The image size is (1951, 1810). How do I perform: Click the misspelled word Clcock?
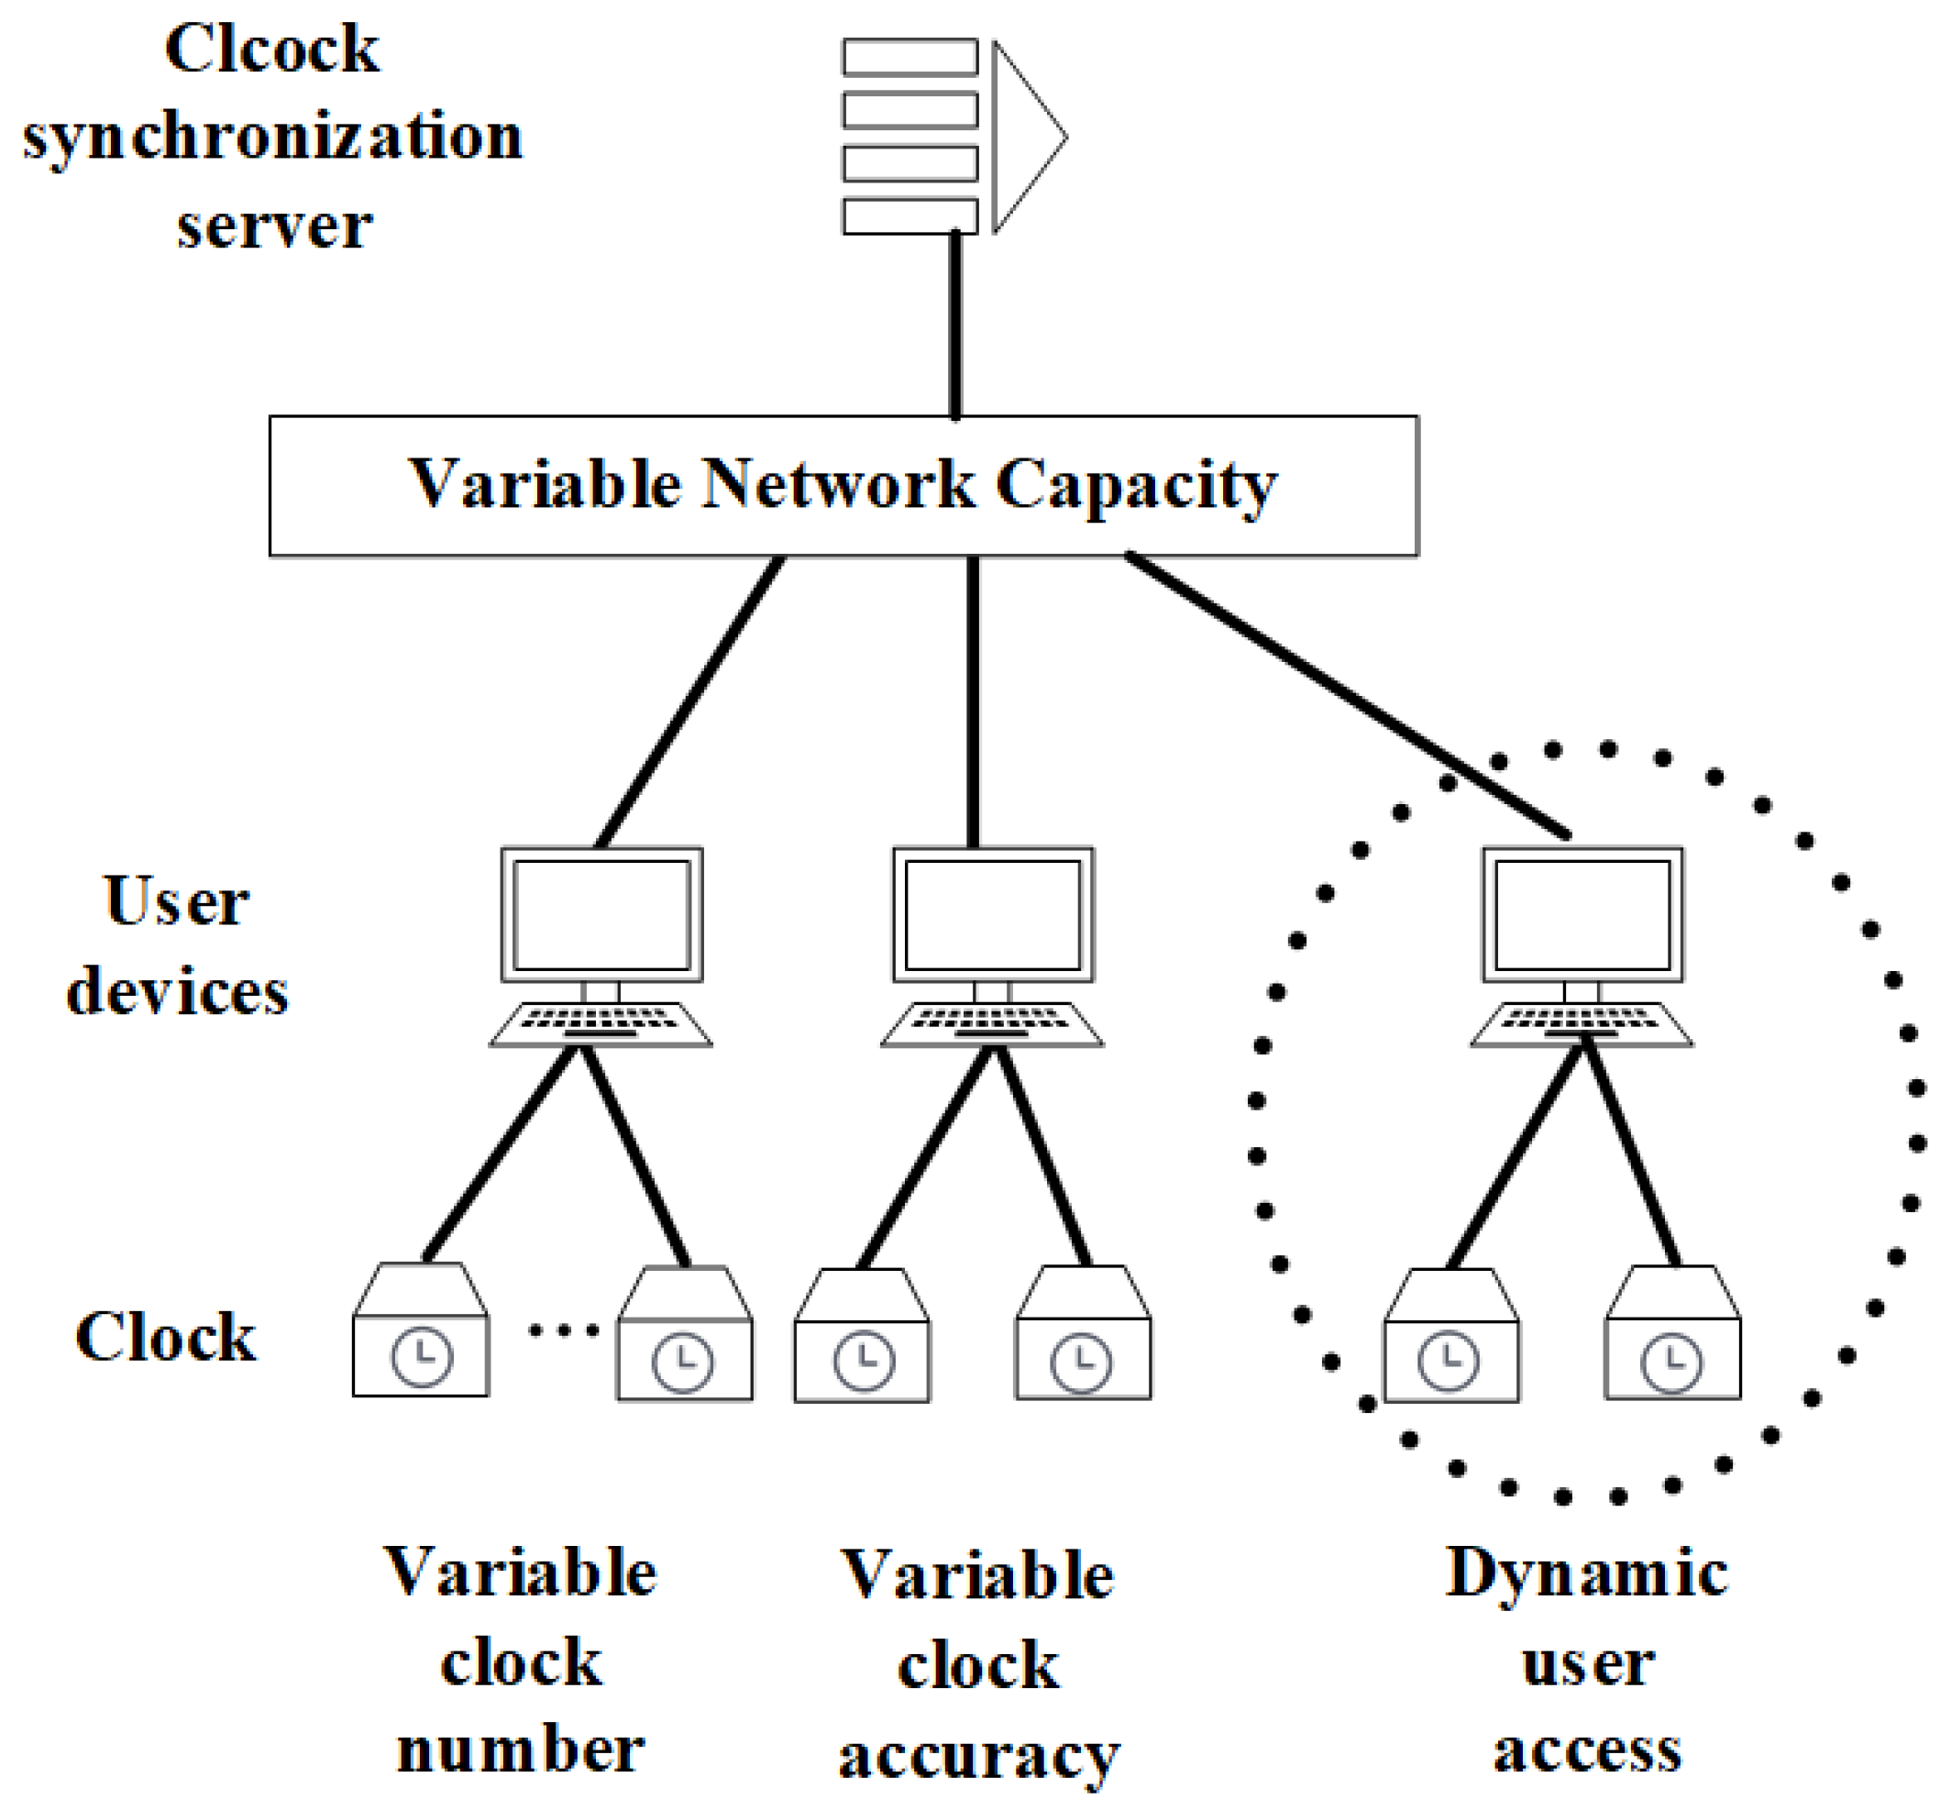[271, 49]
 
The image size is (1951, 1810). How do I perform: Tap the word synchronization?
[272, 138]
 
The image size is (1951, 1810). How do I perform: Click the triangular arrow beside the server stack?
[1023, 138]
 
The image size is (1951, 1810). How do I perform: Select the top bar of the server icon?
[909, 57]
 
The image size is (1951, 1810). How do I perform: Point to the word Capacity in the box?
[1136, 484]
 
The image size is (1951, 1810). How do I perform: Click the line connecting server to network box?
[955, 323]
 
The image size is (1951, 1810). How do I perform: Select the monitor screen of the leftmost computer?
[601, 914]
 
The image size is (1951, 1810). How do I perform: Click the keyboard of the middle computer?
[991, 1024]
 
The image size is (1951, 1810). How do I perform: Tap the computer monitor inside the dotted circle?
[1582, 914]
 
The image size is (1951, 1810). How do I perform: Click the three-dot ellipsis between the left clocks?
[563, 1330]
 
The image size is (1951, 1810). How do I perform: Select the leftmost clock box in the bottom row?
[420, 1332]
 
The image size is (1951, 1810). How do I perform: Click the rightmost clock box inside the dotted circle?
[1672, 1334]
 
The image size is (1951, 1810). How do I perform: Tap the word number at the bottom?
[520, 1750]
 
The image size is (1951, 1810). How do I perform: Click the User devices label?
[176, 945]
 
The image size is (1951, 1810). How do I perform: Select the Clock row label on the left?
[166, 1336]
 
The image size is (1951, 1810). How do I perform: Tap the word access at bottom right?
[1587, 1750]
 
